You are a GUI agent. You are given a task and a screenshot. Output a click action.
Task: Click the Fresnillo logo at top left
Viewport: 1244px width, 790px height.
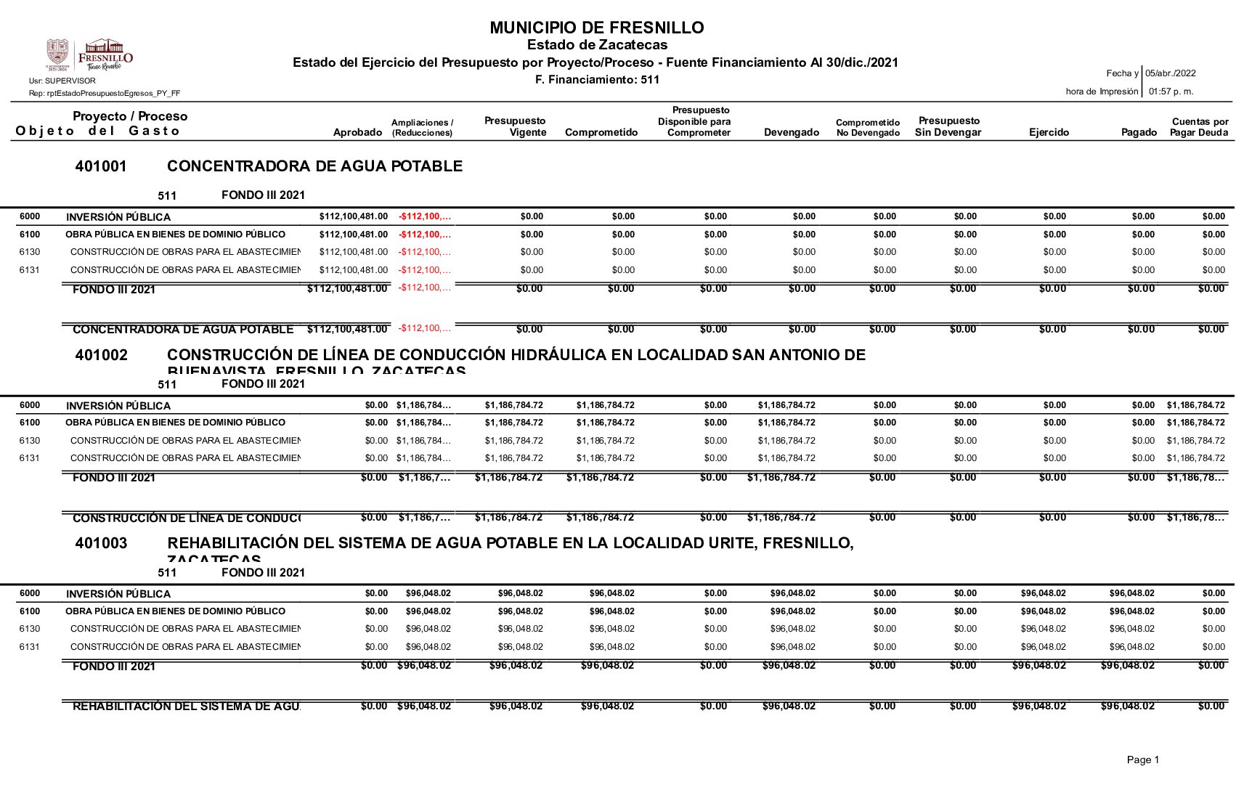tap(89, 55)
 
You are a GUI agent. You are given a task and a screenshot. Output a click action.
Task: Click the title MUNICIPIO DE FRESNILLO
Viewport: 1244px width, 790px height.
tap(596, 28)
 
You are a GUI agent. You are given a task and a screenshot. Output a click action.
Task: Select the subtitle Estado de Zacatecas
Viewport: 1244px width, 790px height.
tap(597, 45)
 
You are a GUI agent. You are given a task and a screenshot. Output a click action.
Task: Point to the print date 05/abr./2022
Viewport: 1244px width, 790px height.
tap(1171, 73)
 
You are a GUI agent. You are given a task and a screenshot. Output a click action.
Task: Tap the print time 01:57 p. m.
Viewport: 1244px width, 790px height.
tap(1171, 91)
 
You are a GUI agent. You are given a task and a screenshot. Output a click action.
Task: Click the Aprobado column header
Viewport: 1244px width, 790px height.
tap(357, 132)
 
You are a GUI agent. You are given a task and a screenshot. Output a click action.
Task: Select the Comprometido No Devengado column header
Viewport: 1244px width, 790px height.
tap(868, 128)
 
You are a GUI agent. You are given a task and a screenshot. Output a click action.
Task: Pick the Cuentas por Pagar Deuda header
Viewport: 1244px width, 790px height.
tap(1199, 127)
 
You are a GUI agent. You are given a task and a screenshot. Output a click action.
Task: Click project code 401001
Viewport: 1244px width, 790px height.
tap(101, 166)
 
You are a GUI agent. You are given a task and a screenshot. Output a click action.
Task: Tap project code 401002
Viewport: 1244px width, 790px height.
tap(101, 355)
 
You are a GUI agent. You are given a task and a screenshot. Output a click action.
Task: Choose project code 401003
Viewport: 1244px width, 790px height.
tap(101, 543)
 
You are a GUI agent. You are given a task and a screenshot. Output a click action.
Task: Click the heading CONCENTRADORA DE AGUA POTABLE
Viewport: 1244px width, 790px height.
tap(314, 166)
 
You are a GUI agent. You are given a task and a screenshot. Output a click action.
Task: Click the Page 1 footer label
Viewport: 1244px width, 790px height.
tap(1142, 760)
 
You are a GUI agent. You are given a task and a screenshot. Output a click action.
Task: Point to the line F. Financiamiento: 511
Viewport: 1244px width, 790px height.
tap(597, 80)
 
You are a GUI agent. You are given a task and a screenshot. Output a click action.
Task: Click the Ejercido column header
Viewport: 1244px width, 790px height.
tap(1049, 132)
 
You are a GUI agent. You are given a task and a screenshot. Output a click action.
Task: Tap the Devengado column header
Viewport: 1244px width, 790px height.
tap(792, 132)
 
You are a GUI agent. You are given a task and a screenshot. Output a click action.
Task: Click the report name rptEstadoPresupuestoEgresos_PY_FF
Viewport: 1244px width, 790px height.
tap(105, 93)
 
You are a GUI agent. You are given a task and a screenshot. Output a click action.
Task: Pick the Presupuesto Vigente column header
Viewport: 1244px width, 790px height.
tap(515, 126)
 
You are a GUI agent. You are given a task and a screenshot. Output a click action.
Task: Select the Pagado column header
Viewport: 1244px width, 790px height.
tap(1139, 132)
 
